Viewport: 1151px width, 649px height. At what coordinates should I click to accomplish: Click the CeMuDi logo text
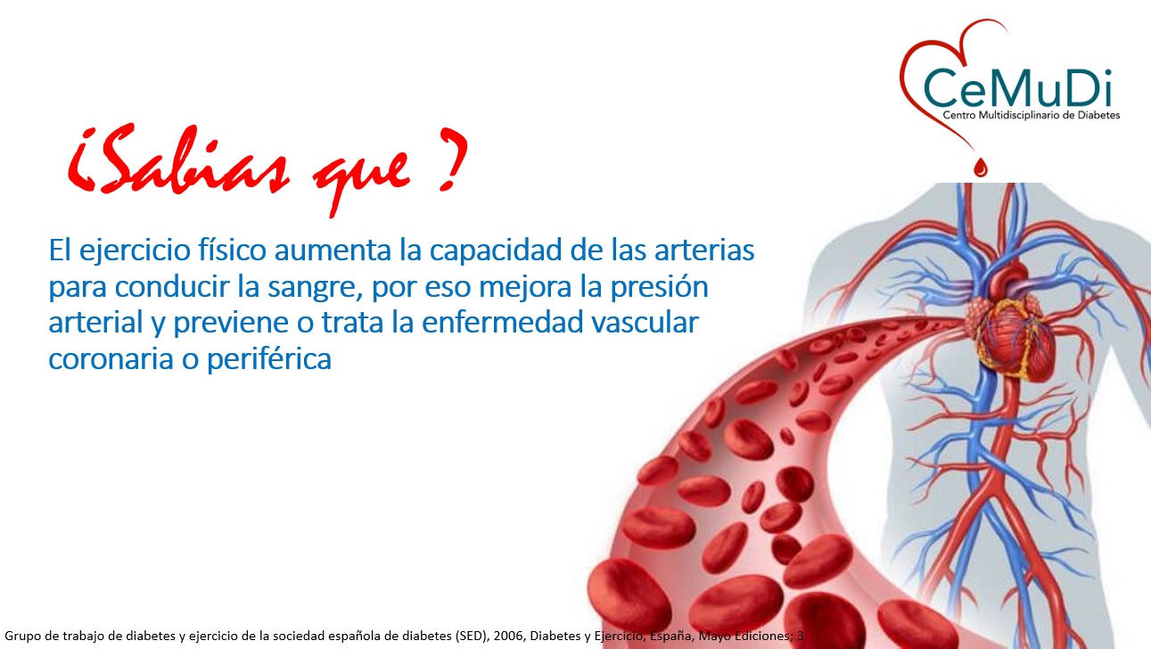coord(1018,88)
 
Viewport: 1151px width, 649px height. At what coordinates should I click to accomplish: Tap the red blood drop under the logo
coord(981,167)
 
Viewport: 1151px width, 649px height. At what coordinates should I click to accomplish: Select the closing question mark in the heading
coord(452,159)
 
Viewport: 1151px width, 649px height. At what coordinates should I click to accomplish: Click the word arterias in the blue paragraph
coord(704,251)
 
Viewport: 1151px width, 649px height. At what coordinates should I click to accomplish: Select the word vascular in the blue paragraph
coord(645,322)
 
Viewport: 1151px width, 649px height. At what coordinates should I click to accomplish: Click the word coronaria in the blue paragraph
coord(111,358)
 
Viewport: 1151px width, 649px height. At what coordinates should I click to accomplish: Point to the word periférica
coord(268,358)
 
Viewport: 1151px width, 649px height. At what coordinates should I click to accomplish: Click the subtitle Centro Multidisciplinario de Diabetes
coord(1032,115)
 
